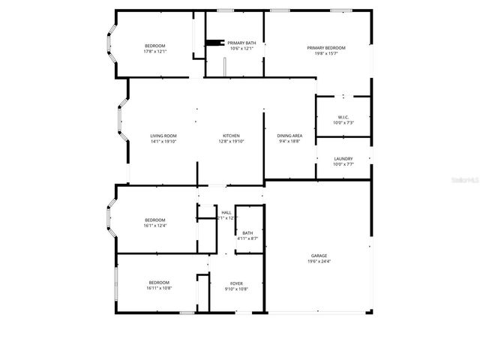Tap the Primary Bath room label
pyautogui.click(x=241, y=43)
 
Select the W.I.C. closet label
pyautogui.click(x=343, y=116)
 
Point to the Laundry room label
pyautogui.click(x=343, y=158)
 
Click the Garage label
pyautogui.click(x=319, y=256)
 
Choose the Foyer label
pyautogui.click(x=235, y=283)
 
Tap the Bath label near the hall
pyautogui.click(x=247, y=232)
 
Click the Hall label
pyautogui.click(x=226, y=212)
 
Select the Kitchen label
pyautogui.click(x=230, y=136)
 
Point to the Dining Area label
pyautogui.click(x=289, y=136)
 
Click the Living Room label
pyautogui.click(x=163, y=136)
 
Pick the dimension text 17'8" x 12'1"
pyautogui.click(x=154, y=52)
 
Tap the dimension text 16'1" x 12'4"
pyautogui.click(x=154, y=226)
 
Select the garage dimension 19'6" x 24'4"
pyautogui.click(x=319, y=262)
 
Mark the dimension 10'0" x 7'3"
pyautogui.click(x=343, y=122)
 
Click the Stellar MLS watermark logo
pyautogui.click(x=466, y=179)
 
